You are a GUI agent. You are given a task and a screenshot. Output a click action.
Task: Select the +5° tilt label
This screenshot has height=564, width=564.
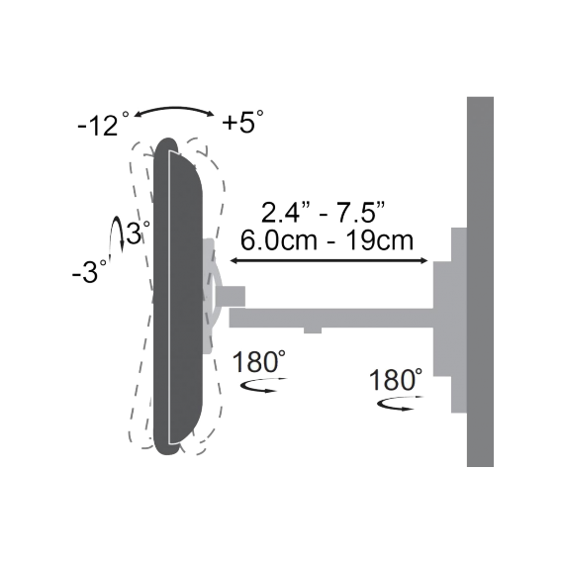(x=242, y=124)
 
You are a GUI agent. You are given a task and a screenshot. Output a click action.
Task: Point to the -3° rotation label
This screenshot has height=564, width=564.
(x=89, y=272)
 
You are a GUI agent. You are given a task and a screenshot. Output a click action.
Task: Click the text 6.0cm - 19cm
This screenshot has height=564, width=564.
(x=328, y=241)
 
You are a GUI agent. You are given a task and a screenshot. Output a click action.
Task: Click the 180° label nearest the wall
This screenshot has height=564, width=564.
(x=397, y=380)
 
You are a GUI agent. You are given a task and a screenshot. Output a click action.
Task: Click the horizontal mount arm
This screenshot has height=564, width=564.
(x=336, y=318)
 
